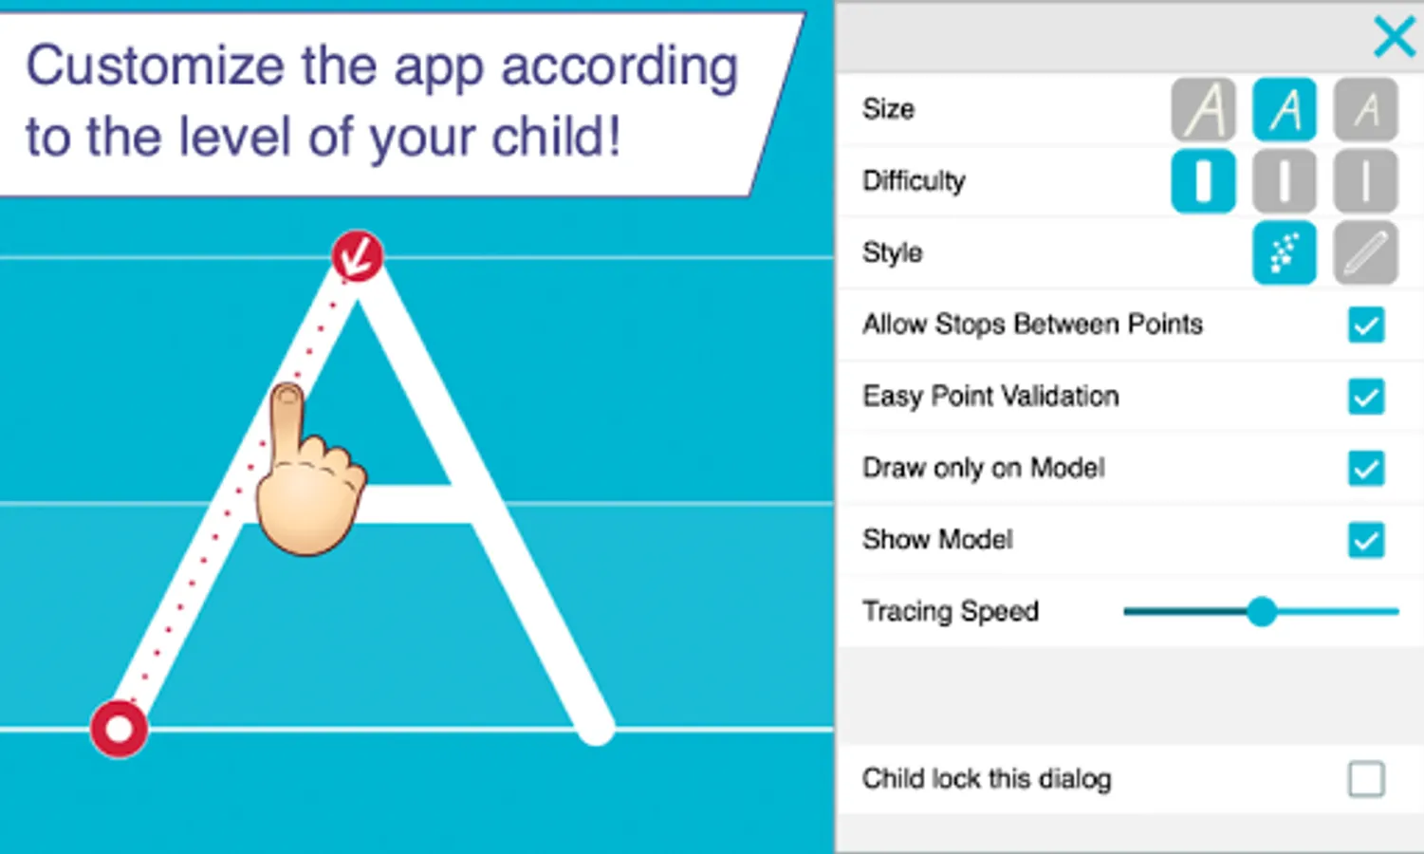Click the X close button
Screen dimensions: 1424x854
point(1395,36)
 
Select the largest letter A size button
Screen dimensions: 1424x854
point(1203,109)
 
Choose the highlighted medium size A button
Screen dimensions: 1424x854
point(1285,109)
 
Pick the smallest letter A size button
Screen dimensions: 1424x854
point(1365,109)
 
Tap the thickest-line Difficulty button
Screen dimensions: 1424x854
point(1203,181)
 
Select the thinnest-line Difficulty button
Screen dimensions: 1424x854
point(1365,181)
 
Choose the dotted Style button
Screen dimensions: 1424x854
point(1285,253)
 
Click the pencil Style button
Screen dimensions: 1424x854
point(1365,253)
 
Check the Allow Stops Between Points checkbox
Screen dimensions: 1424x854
point(1366,325)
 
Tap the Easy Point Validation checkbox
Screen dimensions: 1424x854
point(1366,397)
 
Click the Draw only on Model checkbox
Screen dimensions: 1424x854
point(1366,468)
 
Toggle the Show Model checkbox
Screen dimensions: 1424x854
point(1366,540)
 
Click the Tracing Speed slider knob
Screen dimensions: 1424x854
point(1262,612)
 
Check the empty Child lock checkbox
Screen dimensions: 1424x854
point(1366,779)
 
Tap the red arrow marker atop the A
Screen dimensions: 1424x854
point(358,256)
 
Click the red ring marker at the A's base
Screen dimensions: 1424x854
point(119,730)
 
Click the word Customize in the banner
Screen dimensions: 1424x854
point(155,65)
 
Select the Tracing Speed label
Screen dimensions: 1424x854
point(951,612)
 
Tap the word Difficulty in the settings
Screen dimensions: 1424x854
point(914,182)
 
